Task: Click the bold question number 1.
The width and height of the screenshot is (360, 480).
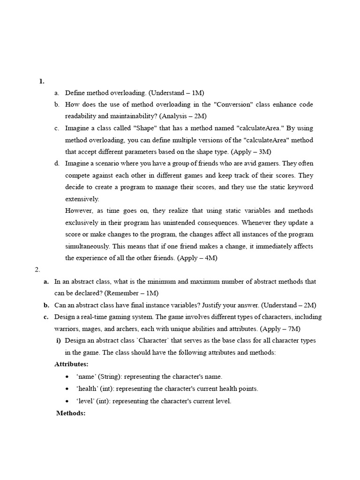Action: click(42, 81)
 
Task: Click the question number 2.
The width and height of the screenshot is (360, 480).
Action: click(37, 270)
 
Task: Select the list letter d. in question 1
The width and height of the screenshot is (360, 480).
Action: click(57, 164)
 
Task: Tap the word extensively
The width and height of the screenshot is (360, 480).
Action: click(82, 199)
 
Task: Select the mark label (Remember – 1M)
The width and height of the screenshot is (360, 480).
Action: click(131, 293)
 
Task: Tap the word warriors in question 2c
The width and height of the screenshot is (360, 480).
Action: click(67, 329)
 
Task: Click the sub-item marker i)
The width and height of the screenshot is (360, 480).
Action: click(59, 340)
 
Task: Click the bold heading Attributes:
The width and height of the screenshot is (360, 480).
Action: click(71, 364)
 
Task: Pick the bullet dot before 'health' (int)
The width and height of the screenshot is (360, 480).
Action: click(68, 389)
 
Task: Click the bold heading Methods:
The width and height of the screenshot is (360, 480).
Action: click(70, 413)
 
